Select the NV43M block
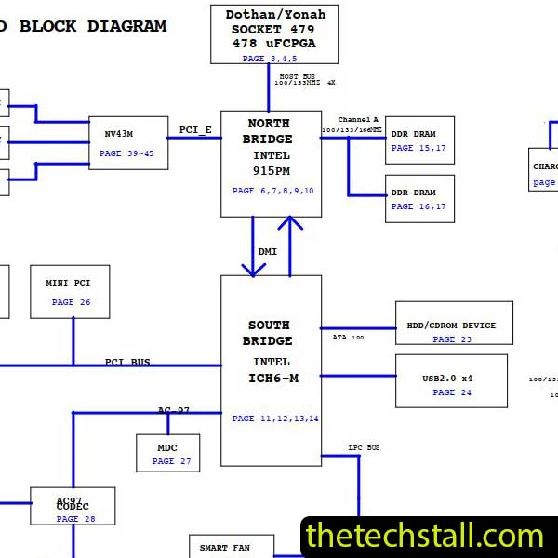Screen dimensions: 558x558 point(128,142)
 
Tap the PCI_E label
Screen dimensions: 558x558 point(195,129)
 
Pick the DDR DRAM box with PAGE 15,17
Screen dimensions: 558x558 point(419,139)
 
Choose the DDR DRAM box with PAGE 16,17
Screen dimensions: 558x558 point(419,198)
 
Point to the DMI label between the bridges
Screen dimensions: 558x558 point(268,251)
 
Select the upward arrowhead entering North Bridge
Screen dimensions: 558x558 point(290,225)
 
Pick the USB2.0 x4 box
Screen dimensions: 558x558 point(451,380)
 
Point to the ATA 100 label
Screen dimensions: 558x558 point(349,338)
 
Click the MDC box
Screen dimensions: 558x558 point(167,453)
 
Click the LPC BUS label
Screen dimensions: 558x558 point(364,448)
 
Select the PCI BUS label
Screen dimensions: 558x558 point(127,362)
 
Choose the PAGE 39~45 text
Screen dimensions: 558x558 point(126,153)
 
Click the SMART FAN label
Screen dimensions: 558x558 point(224,548)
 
